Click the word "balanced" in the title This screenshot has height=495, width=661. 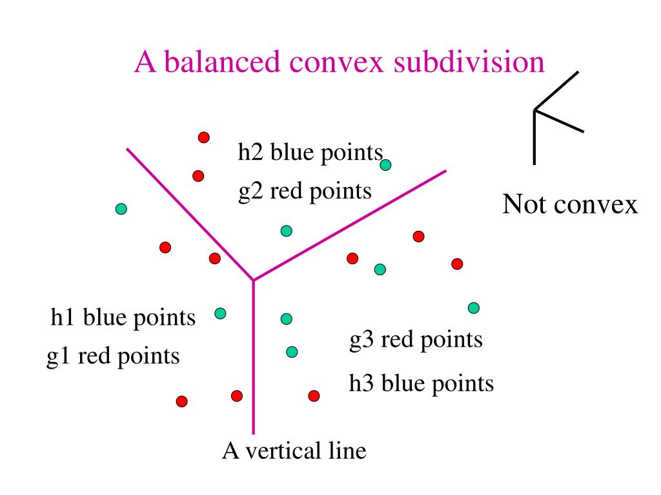coord(222,62)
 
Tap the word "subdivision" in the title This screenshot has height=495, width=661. coord(469,62)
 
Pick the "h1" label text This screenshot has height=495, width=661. coord(63,317)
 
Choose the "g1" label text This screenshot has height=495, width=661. coord(58,358)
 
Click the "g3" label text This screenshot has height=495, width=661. coord(361,341)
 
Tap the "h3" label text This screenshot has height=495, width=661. coord(361,383)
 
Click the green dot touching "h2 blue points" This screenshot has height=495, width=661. coord(385,164)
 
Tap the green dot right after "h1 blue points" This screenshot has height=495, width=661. coord(220,313)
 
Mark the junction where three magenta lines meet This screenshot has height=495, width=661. coord(253,280)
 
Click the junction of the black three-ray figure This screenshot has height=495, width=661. coord(534,110)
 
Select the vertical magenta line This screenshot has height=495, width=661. coord(253,357)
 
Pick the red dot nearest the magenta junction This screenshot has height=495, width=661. coord(214,258)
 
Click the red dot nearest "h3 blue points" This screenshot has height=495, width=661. coord(314,396)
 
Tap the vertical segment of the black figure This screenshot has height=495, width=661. coord(534,138)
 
